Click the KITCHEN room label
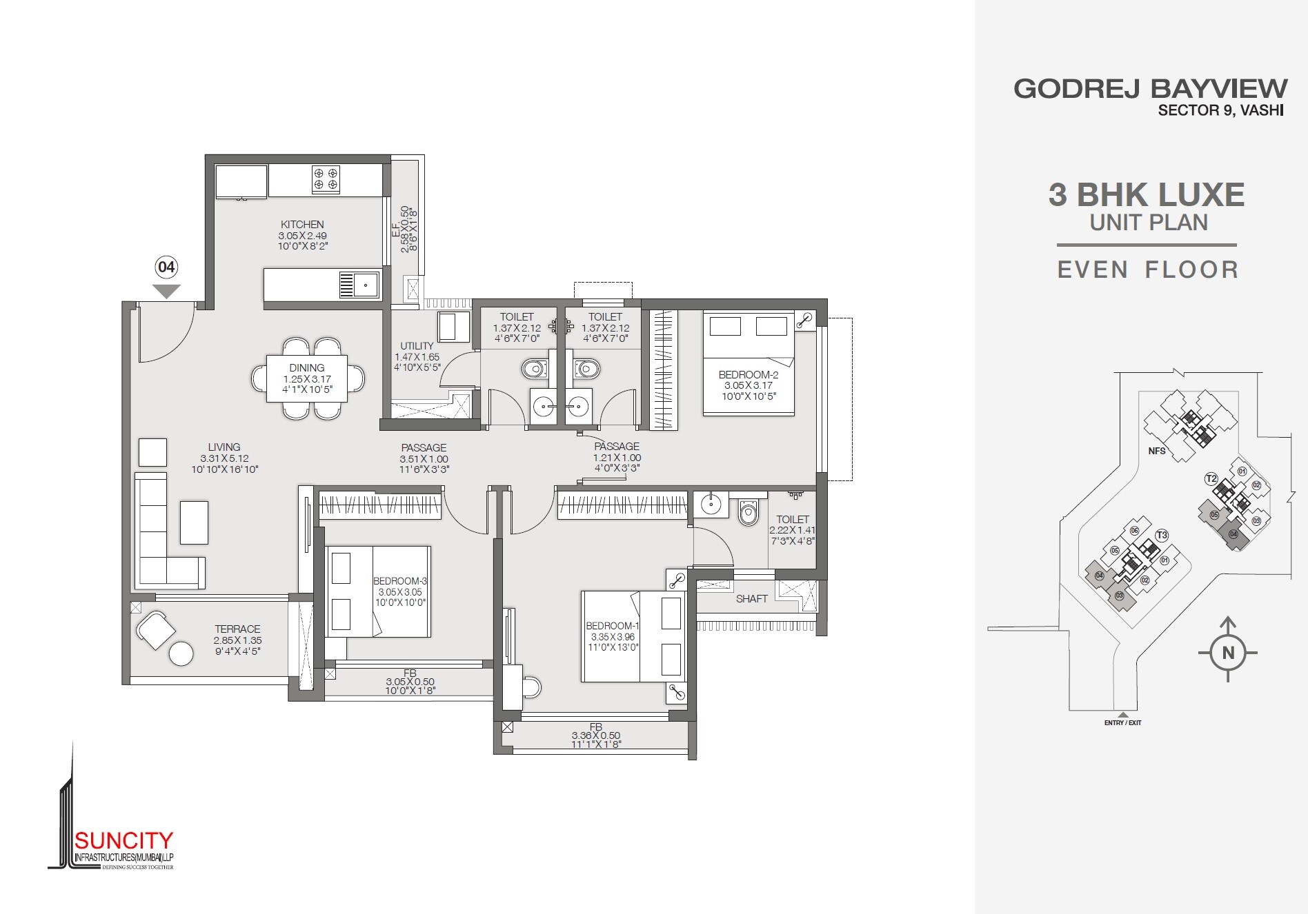302,224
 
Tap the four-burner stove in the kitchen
326,179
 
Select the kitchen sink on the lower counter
366,284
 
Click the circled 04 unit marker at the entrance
166,267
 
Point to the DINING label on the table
307,368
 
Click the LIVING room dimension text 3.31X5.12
224,458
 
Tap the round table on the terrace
181,653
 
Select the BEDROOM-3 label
400,581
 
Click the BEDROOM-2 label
749,375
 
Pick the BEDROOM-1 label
613,626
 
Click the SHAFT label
751,599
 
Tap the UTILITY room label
417,346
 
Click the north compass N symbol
1228,653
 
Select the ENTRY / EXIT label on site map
1122,723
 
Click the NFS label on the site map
1157,451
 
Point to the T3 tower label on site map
1162,535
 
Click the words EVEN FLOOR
1148,270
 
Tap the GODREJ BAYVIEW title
1150,89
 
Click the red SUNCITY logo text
123,840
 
